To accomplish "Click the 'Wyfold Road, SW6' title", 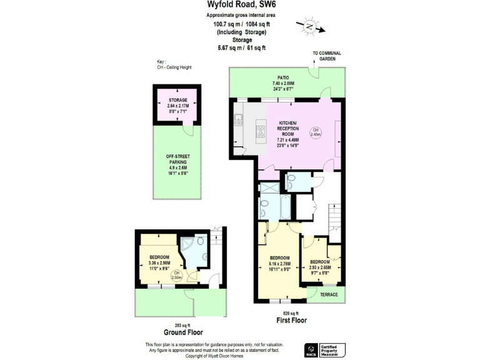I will coord(240,5).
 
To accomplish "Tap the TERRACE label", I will coord(329,294).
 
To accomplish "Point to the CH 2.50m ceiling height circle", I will coord(177,276).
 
